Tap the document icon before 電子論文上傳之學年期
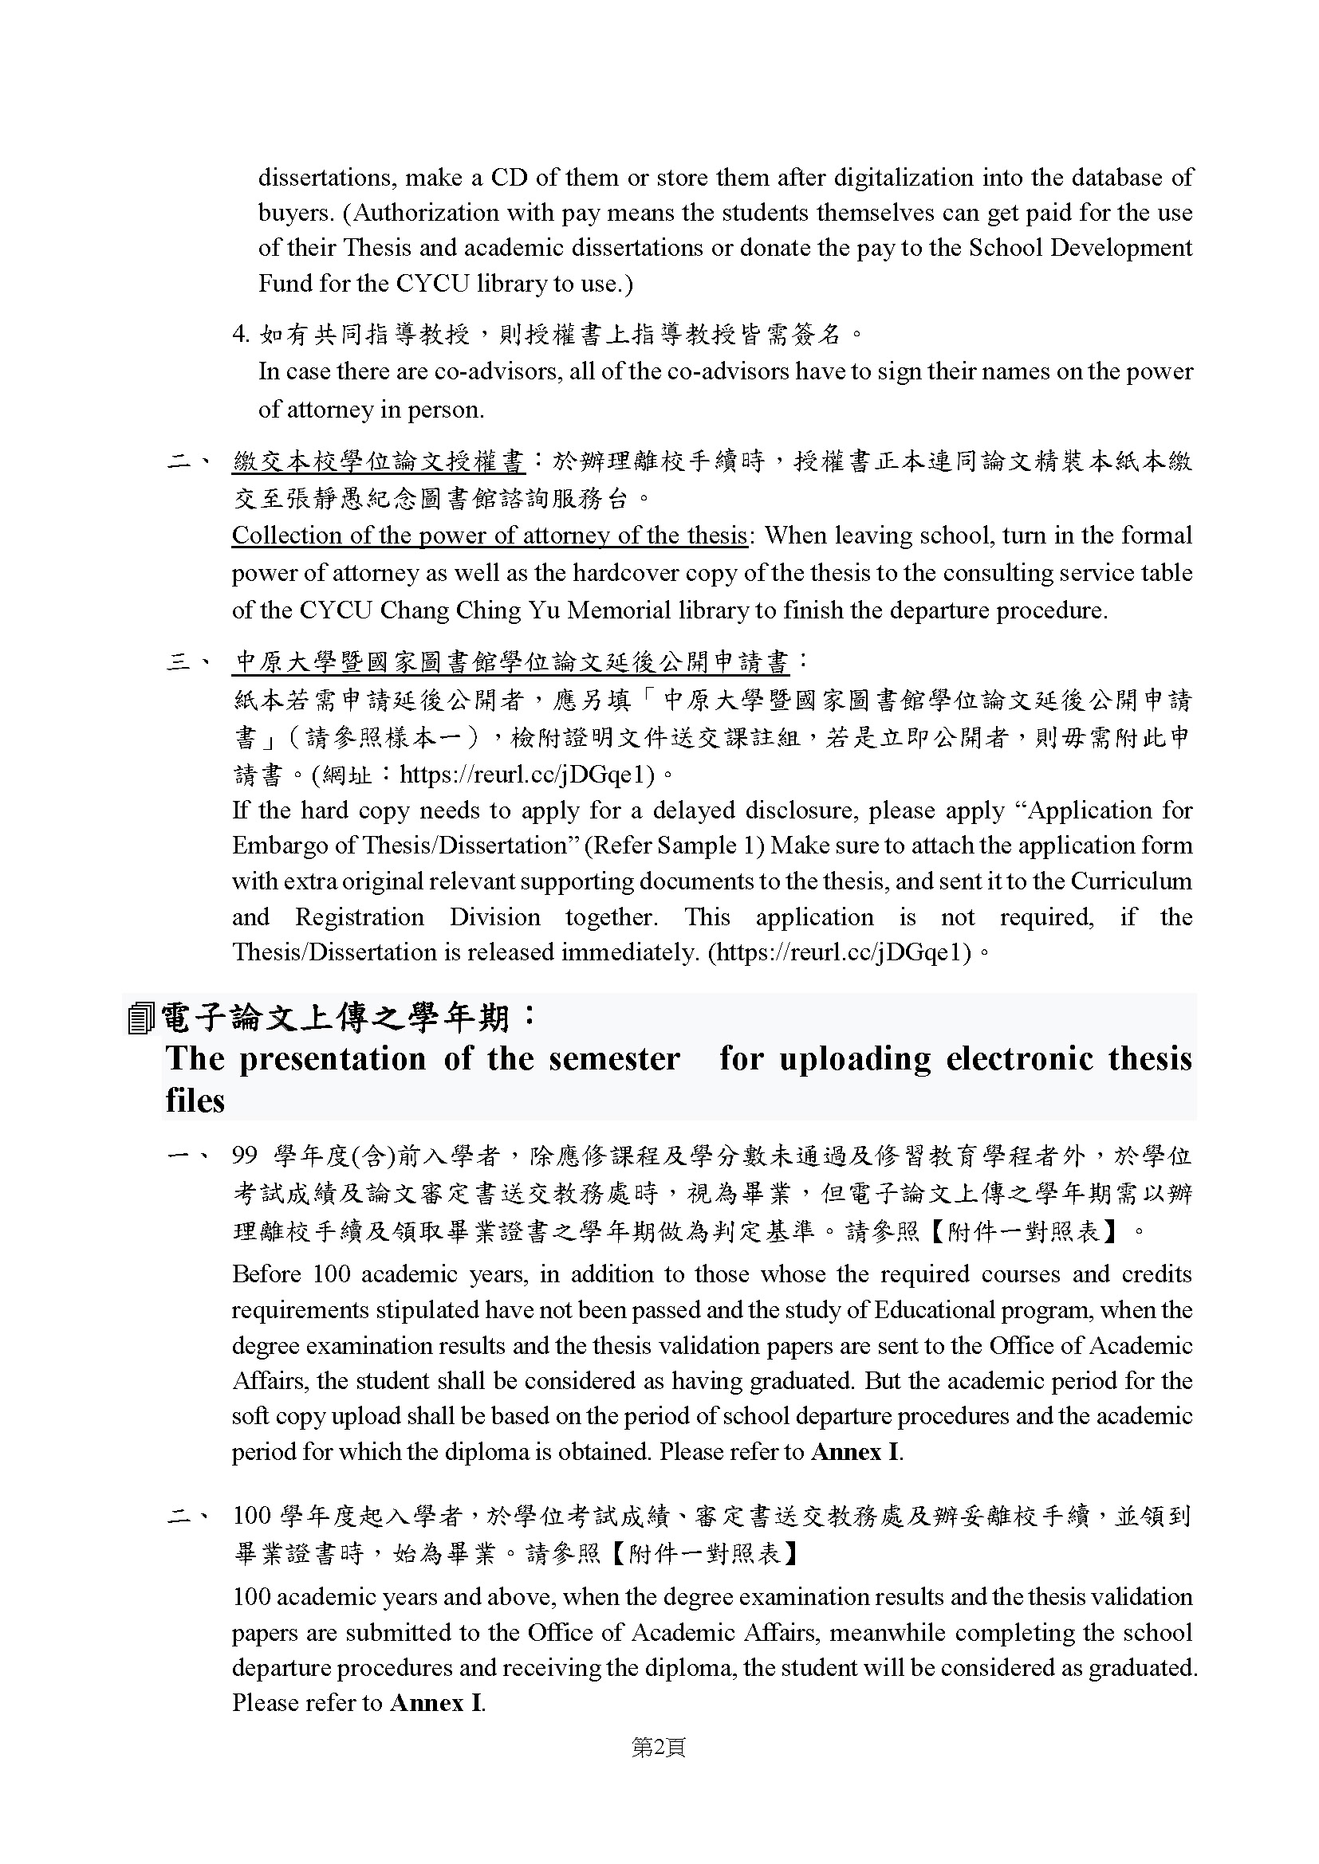(x=140, y=1018)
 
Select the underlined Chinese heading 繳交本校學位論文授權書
(x=379, y=462)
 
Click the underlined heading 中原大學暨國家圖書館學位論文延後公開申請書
(x=511, y=662)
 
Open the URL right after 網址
(x=527, y=775)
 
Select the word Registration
(x=359, y=917)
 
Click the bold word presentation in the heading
(x=333, y=1058)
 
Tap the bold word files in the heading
(x=195, y=1100)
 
